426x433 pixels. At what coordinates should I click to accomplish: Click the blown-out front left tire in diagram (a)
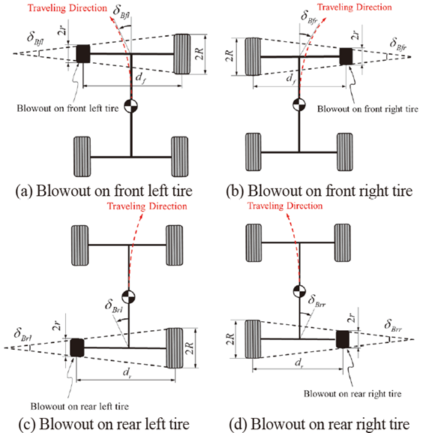tap(83, 53)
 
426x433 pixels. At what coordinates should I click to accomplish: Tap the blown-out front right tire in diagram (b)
tap(346, 56)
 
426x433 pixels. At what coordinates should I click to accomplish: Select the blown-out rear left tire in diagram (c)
tap(77, 347)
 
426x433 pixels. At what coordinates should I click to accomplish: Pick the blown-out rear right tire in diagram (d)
tap(343, 339)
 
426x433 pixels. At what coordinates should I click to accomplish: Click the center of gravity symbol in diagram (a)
tap(131, 106)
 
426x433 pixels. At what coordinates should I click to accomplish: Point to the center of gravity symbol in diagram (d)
tap(299, 291)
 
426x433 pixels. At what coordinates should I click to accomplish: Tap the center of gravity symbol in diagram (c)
tap(128, 297)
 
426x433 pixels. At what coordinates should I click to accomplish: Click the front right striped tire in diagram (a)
tap(181, 54)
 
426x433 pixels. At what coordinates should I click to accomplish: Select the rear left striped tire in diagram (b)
tap(253, 152)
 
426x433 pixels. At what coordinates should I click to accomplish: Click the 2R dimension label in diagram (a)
tap(199, 54)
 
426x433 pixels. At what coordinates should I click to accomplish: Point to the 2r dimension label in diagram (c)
tap(57, 326)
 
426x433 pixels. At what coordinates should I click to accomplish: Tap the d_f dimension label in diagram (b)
tap(291, 79)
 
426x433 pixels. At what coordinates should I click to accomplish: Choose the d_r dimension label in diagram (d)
tap(299, 362)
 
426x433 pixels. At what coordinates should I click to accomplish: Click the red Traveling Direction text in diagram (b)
tap(354, 8)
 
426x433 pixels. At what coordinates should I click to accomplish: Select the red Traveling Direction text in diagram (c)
tap(147, 206)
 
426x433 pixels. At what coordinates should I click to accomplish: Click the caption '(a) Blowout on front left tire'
tap(103, 191)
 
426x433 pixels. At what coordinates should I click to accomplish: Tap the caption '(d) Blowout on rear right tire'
tap(319, 424)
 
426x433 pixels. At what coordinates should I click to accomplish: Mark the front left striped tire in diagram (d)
tap(253, 242)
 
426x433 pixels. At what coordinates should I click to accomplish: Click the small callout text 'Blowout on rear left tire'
tap(79, 406)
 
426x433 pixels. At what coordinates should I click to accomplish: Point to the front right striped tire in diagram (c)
tap(174, 245)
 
